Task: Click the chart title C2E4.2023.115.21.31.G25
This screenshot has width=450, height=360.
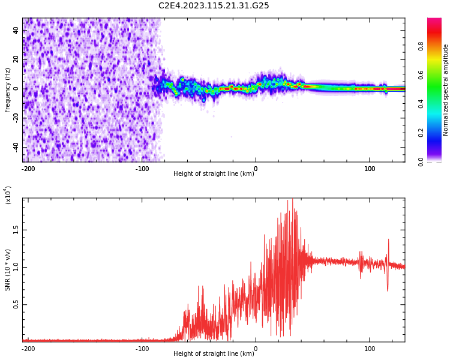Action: pos(214,5)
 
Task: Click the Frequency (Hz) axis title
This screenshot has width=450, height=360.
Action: pos(8,90)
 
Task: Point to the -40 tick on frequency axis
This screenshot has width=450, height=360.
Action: pos(15,147)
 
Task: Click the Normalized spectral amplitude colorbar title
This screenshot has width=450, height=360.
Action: pos(446,90)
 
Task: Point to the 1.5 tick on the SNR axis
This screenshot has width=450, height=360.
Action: pos(16,230)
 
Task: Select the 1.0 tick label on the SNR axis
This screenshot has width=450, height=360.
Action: pos(16,267)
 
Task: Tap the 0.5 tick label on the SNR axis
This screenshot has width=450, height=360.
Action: pos(16,305)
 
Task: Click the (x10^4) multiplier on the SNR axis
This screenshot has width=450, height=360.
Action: pos(8,195)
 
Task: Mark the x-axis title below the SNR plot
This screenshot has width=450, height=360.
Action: pos(214,354)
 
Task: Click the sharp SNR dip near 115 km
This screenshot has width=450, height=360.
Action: pos(387,290)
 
